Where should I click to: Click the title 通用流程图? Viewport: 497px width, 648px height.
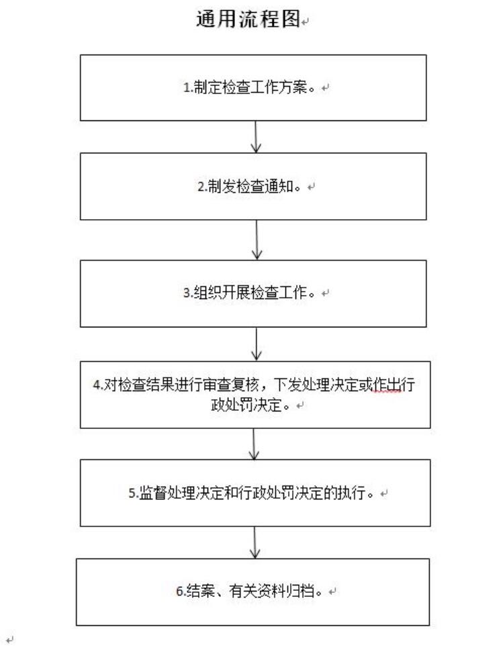pyautogui.click(x=248, y=19)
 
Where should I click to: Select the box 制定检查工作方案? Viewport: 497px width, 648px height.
pyautogui.click(x=253, y=87)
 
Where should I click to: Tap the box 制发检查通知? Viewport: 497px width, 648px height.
pyautogui.click(x=253, y=186)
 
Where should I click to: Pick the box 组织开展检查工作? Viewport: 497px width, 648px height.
pyautogui.click(x=253, y=294)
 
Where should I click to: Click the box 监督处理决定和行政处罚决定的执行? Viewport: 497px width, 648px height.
pyautogui.click(x=255, y=493)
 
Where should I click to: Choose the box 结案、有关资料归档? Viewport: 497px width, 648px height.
pyautogui.click(x=253, y=592)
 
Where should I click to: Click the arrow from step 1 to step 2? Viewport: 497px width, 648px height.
pyautogui.click(x=256, y=136)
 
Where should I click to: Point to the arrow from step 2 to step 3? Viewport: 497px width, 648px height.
pyautogui.click(x=257, y=240)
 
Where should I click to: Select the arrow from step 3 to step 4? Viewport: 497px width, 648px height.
pyautogui.click(x=257, y=344)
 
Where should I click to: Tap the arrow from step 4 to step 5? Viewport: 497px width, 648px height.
pyautogui.click(x=254, y=444)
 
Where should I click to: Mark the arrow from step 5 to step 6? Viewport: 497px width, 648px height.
pyautogui.click(x=255, y=542)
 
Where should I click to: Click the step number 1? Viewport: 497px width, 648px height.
pyautogui.click(x=187, y=88)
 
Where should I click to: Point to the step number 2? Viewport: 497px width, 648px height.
pyautogui.click(x=201, y=187)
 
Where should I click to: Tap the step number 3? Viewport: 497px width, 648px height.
pyautogui.click(x=187, y=293)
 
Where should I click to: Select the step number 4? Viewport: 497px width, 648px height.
pyautogui.click(x=97, y=385)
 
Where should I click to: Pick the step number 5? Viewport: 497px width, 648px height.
pyautogui.click(x=132, y=493)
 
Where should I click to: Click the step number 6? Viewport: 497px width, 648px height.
pyautogui.click(x=179, y=592)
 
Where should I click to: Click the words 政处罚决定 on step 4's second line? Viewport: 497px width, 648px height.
pyautogui.click(x=246, y=405)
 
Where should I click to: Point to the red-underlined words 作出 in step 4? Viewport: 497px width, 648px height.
pyautogui.click(x=387, y=384)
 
